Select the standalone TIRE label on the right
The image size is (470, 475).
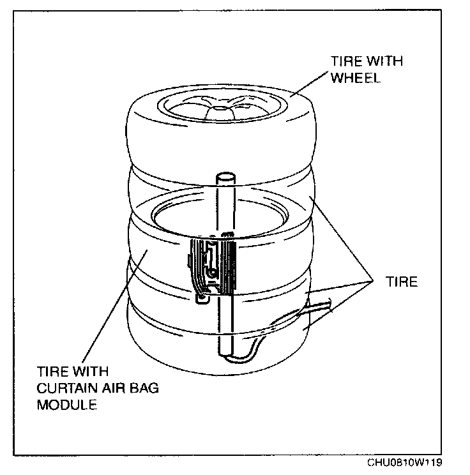[x=402, y=282]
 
